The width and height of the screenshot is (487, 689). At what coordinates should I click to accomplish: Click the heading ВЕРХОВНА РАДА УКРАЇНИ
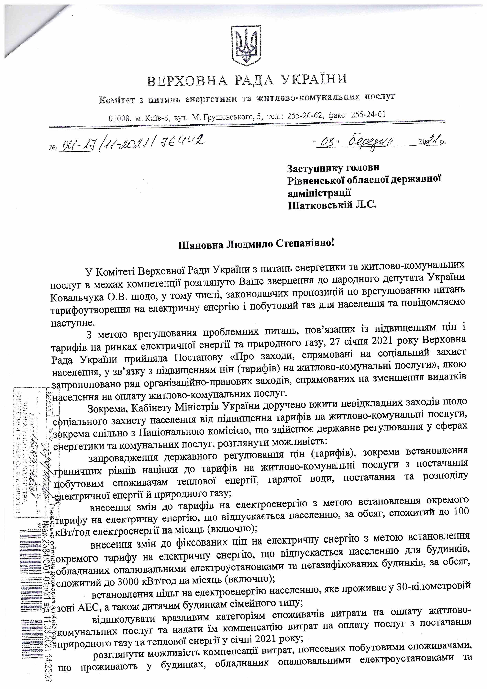tap(247, 80)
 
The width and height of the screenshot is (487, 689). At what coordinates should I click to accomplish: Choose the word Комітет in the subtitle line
tap(118, 100)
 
